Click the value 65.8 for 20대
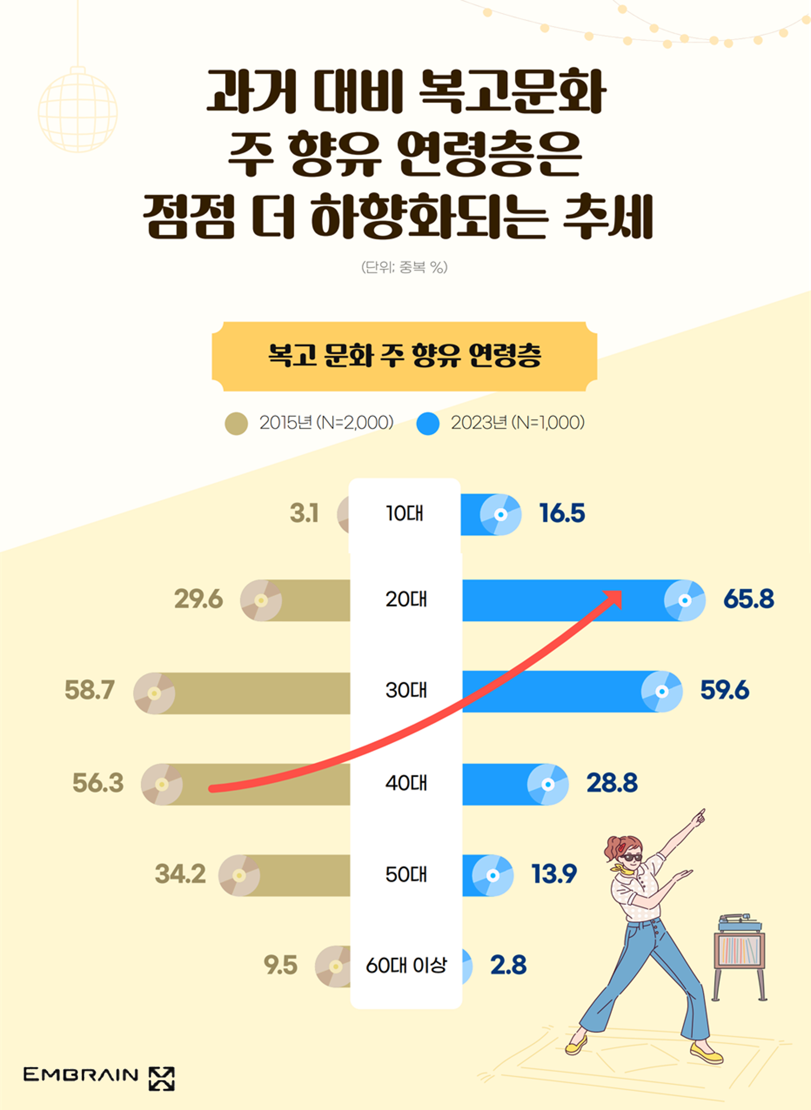(748, 599)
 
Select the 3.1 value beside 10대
(304, 514)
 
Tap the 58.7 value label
(89, 690)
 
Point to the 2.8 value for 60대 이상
(508, 965)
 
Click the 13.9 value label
(554, 874)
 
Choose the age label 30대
(406, 690)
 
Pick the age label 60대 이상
(406, 965)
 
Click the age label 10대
(405, 514)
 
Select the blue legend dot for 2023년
(427, 423)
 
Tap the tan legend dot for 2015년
(236, 423)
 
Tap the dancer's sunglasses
(630, 857)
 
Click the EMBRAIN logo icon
(162, 1079)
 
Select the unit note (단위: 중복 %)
(405, 267)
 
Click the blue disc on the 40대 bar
(548, 785)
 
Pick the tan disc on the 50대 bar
(239, 875)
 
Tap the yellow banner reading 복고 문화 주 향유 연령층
(405, 356)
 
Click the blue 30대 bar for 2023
(550, 691)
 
